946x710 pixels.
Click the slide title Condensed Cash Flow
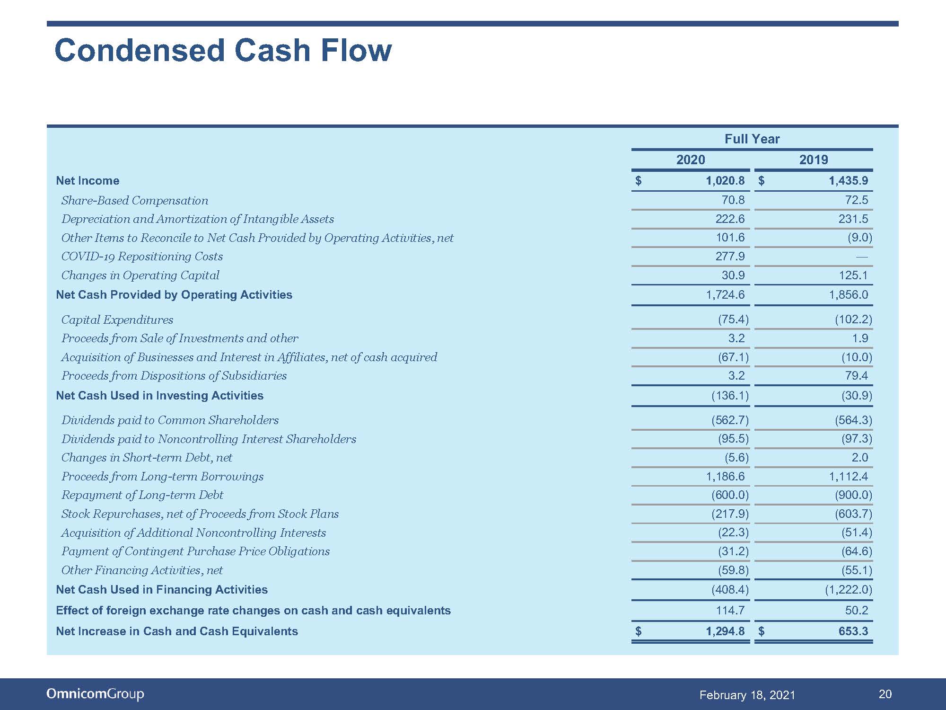pos(223,50)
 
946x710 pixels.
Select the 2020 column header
pos(691,160)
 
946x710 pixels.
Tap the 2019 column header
pos(814,160)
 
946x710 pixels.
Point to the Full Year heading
pos(752,139)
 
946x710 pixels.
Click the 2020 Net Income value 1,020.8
pos(725,180)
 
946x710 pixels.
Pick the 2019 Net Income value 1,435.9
pos(848,180)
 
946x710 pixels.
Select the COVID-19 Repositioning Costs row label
pos(142,257)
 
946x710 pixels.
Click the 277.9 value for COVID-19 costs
pos(730,257)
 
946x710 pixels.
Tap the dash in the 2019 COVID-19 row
pos(862,257)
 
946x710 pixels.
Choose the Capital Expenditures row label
pos(117,320)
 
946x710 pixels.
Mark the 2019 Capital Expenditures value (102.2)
pos(853,319)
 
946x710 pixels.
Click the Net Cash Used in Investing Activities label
pos(159,395)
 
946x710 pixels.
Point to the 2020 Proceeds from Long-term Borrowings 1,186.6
pos(725,476)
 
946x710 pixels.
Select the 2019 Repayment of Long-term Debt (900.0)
pos(853,495)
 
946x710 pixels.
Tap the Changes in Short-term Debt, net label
pos(147,458)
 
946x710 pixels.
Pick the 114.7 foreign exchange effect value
pos(730,610)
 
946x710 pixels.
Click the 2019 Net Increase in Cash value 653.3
pos(853,631)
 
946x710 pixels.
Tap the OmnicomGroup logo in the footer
pos(95,694)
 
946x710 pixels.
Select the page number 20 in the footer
pos(885,694)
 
